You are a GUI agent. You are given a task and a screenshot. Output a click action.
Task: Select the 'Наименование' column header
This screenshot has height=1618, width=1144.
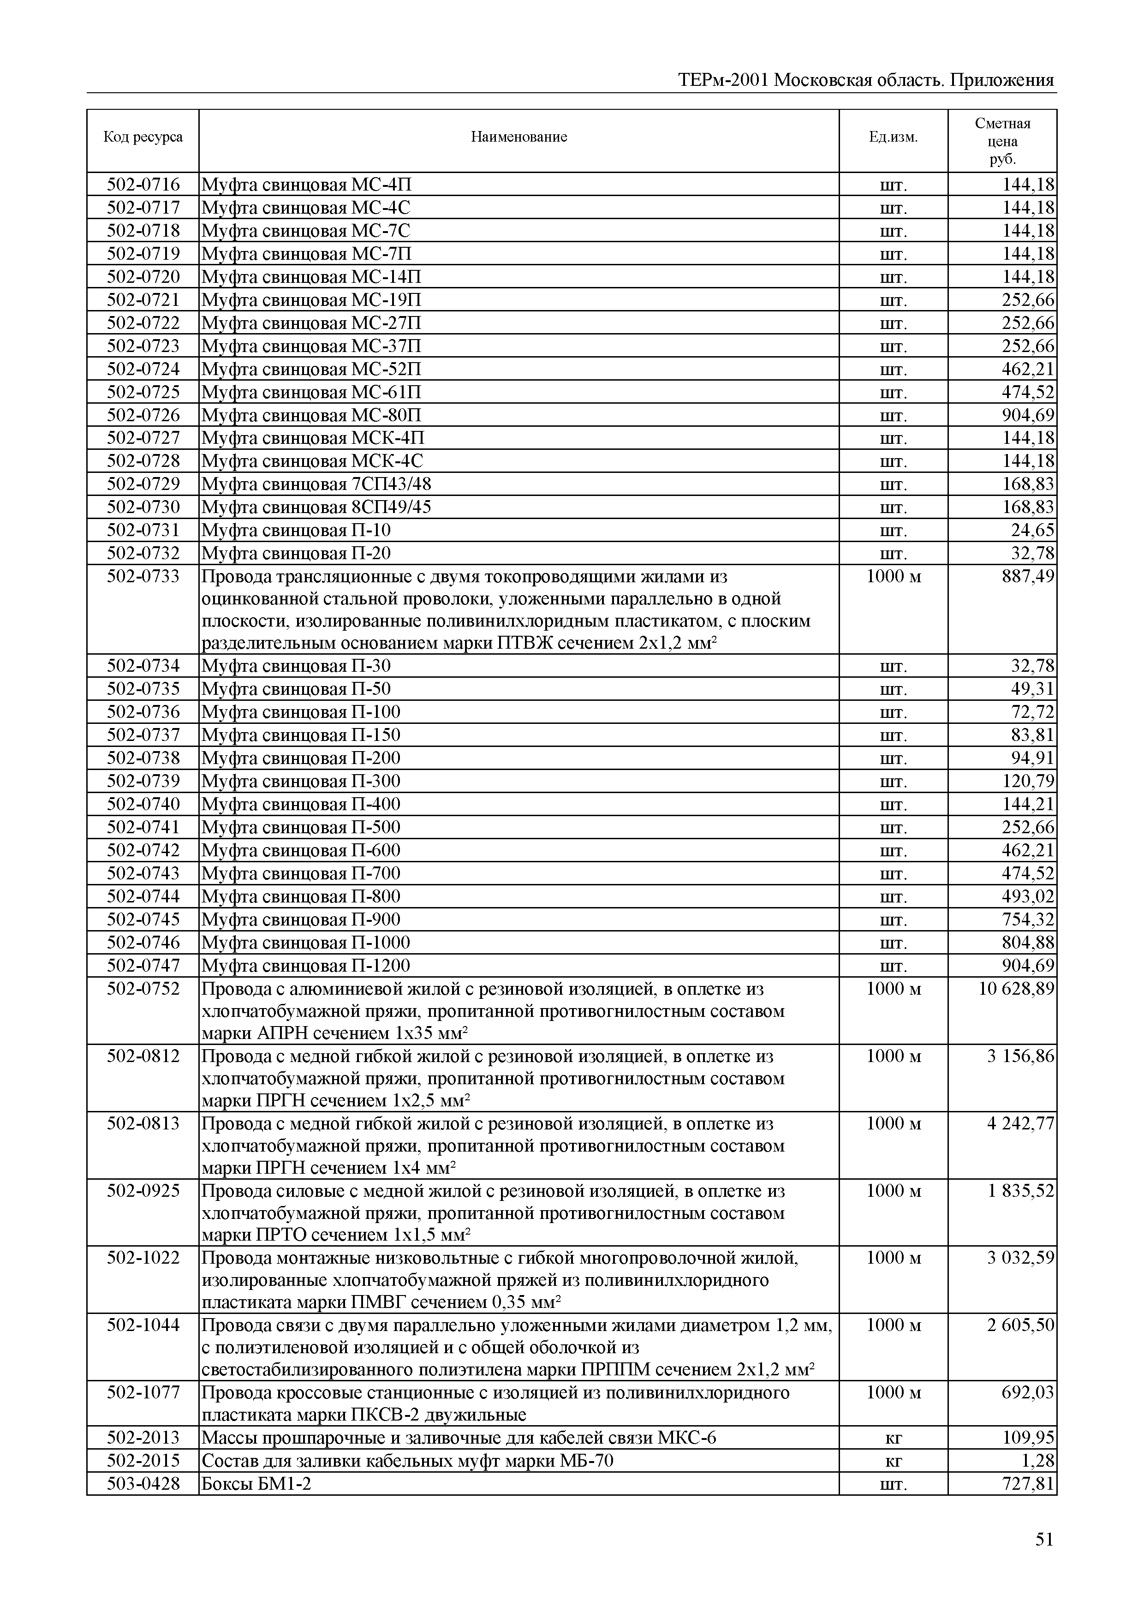[518, 137]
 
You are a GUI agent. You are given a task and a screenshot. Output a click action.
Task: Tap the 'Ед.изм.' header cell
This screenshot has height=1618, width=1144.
[893, 137]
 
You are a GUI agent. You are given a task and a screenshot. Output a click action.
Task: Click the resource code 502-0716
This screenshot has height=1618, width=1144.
[143, 185]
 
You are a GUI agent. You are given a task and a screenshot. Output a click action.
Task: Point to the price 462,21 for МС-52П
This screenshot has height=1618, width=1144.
[1028, 369]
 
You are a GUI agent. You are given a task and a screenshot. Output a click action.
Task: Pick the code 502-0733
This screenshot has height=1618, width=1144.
[143, 576]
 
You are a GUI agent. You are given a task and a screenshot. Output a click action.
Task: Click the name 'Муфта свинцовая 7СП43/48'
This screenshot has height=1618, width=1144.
[316, 484]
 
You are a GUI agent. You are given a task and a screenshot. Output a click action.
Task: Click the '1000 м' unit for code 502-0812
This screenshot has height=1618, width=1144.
[893, 1056]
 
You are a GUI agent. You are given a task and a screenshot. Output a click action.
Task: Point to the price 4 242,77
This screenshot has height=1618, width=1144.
[1020, 1123]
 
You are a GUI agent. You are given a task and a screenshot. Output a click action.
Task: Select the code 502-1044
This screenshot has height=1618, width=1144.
[143, 1325]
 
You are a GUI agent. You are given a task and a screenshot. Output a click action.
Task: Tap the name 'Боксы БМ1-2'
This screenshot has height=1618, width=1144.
[256, 1484]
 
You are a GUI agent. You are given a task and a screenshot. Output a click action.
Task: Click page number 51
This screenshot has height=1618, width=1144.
[1044, 1540]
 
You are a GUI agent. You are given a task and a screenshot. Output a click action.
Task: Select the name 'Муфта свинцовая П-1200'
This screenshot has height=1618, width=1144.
[306, 966]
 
